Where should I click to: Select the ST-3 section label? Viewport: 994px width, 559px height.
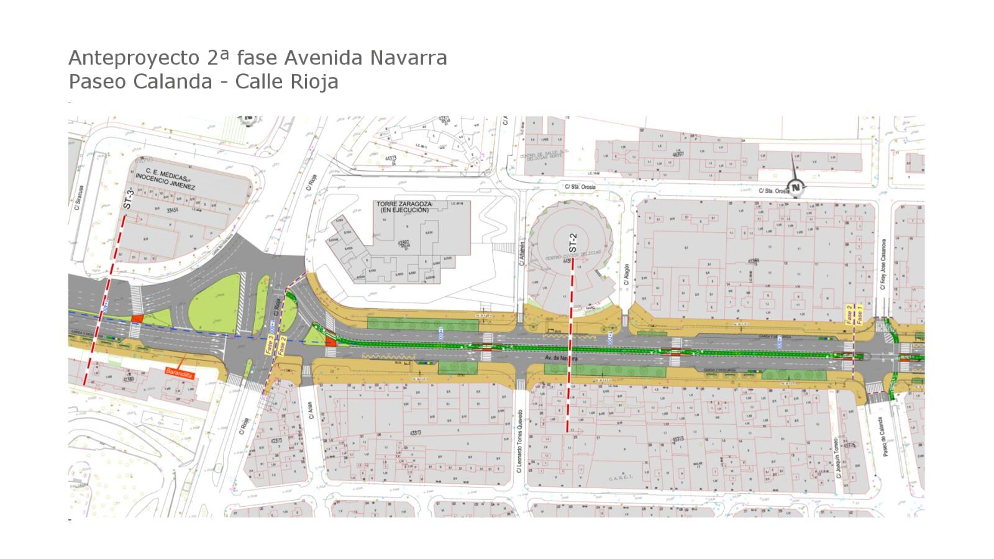pos(129,198)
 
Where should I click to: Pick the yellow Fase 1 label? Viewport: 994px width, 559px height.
pos(859,314)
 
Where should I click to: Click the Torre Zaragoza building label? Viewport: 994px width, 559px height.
pos(404,207)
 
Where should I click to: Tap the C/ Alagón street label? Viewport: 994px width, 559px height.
pos(627,273)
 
